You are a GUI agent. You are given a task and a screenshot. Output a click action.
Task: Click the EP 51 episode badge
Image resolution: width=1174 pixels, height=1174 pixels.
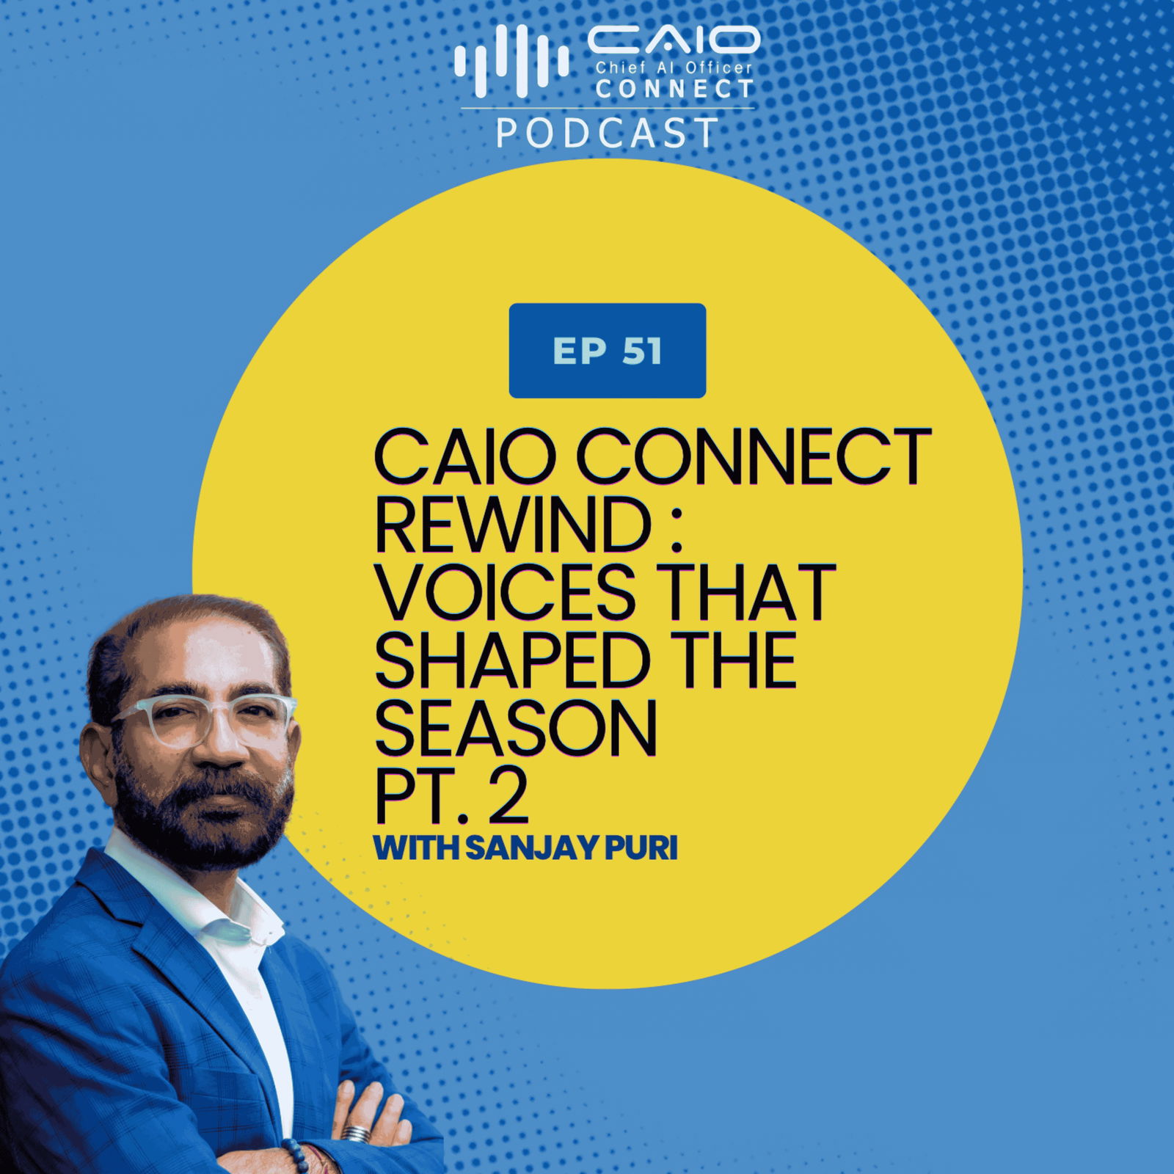(608, 351)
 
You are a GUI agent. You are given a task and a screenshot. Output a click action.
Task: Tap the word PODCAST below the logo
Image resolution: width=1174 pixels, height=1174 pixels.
(608, 134)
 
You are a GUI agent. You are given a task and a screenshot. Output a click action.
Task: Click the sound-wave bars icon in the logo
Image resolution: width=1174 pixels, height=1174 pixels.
(511, 61)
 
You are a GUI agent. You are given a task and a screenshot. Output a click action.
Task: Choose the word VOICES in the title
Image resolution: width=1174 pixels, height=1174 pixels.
(506, 593)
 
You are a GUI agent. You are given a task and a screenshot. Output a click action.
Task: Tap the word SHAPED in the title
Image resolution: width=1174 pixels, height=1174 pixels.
(513, 661)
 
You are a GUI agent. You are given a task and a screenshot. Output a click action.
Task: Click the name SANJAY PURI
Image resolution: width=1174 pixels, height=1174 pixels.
(571, 849)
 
